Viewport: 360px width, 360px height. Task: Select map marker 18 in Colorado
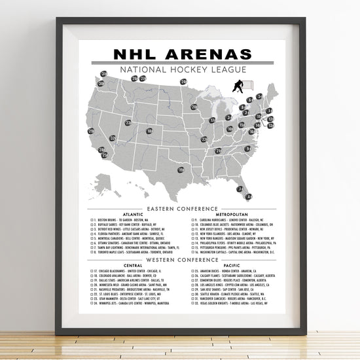[x=149, y=131]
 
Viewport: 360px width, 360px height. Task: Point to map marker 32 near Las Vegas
[x=113, y=138]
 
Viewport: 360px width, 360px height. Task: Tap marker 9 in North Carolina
[x=248, y=149]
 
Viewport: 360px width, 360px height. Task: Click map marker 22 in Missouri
[x=204, y=139]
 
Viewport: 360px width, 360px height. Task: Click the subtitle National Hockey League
[x=179, y=69]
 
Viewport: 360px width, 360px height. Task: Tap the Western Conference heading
[x=178, y=260]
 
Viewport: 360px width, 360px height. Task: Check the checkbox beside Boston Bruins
[x=94, y=220]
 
